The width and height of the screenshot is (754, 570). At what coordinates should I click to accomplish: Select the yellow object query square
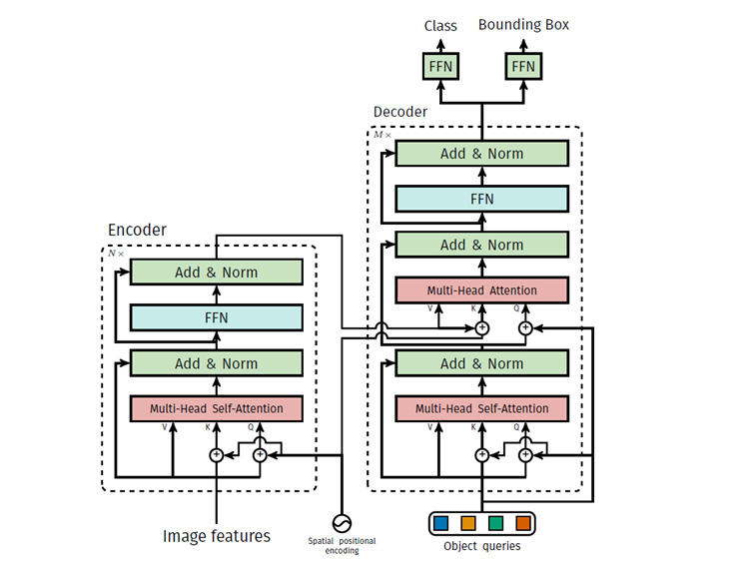coord(468,523)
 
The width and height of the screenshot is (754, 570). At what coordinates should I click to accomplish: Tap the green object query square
coord(496,523)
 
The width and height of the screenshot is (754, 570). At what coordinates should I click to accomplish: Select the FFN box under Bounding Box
coord(523,67)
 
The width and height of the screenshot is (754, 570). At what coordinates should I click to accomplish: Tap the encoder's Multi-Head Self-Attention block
coord(217,408)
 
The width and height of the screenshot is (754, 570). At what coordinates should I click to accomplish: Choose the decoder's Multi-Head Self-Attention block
coord(482,408)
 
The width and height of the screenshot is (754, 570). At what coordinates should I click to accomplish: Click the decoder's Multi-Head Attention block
coord(482,290)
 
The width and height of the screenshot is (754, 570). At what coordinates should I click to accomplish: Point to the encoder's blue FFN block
coord(217,317)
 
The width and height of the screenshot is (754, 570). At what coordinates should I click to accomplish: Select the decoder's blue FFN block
coord(482,199)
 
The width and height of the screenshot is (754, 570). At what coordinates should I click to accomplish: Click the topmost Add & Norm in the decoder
coord(482,154)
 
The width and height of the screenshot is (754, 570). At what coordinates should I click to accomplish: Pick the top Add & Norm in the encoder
coord(217,273)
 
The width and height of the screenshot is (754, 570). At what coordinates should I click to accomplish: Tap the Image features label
coord(217,536)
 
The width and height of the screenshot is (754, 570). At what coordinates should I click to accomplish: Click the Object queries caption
coord(482,546)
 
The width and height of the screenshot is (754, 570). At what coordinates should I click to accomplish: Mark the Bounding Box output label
coord(523,24)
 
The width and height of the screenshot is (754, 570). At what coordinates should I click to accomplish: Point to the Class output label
coord(439,25)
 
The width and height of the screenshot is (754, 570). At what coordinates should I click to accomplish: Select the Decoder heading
coord(400,112)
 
